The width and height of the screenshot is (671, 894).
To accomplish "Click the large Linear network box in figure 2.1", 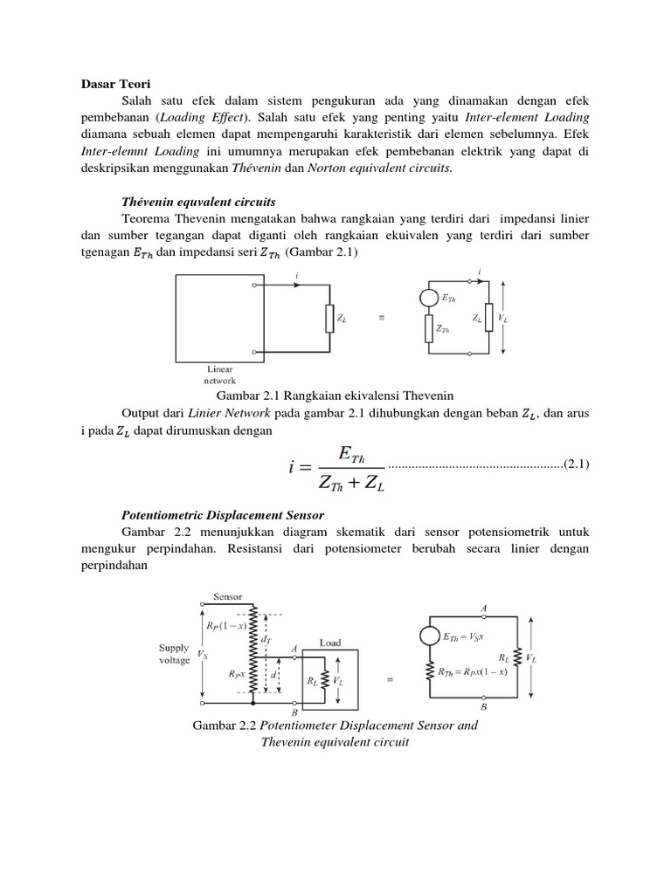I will point(218,318).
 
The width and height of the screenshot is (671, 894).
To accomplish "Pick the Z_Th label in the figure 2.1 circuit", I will point(444,329).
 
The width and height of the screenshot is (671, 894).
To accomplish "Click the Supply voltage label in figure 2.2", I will point(176,654).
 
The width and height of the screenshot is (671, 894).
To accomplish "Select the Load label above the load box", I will point(330,642).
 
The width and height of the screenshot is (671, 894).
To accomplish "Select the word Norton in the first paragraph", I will point(332,168).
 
